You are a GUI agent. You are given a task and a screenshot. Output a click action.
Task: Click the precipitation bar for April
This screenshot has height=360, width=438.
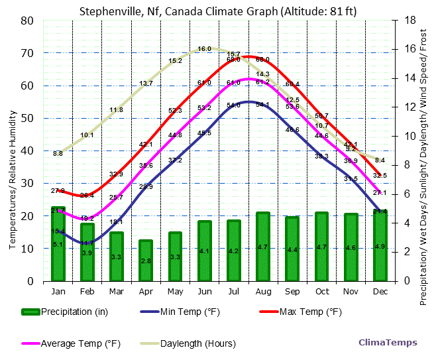click(x=146, y=261)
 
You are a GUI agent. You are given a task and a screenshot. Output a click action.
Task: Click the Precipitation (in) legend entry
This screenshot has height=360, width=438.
click(x=72, y=312)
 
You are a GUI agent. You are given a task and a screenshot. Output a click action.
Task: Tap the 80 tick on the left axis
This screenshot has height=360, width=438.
click(x=28, y=21)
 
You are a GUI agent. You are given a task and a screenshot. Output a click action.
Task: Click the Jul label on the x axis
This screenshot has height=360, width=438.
click(x=234, y=290)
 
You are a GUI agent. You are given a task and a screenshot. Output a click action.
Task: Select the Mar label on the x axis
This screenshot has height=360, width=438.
click(x=117, y=290)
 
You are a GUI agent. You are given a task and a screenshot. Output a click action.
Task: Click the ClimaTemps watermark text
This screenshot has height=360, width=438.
click(x=388, y=343)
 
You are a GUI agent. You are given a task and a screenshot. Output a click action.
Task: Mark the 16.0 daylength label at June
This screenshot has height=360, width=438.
click(x=204, y=49)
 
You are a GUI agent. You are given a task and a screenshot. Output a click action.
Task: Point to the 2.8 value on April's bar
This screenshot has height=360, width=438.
click(x=146, y=261)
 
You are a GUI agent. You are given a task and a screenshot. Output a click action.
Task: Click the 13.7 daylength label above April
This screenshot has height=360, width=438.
click(x=146, y=84)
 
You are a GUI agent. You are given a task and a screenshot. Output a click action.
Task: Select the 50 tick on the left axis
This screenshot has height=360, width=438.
click(x=28, y=118)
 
